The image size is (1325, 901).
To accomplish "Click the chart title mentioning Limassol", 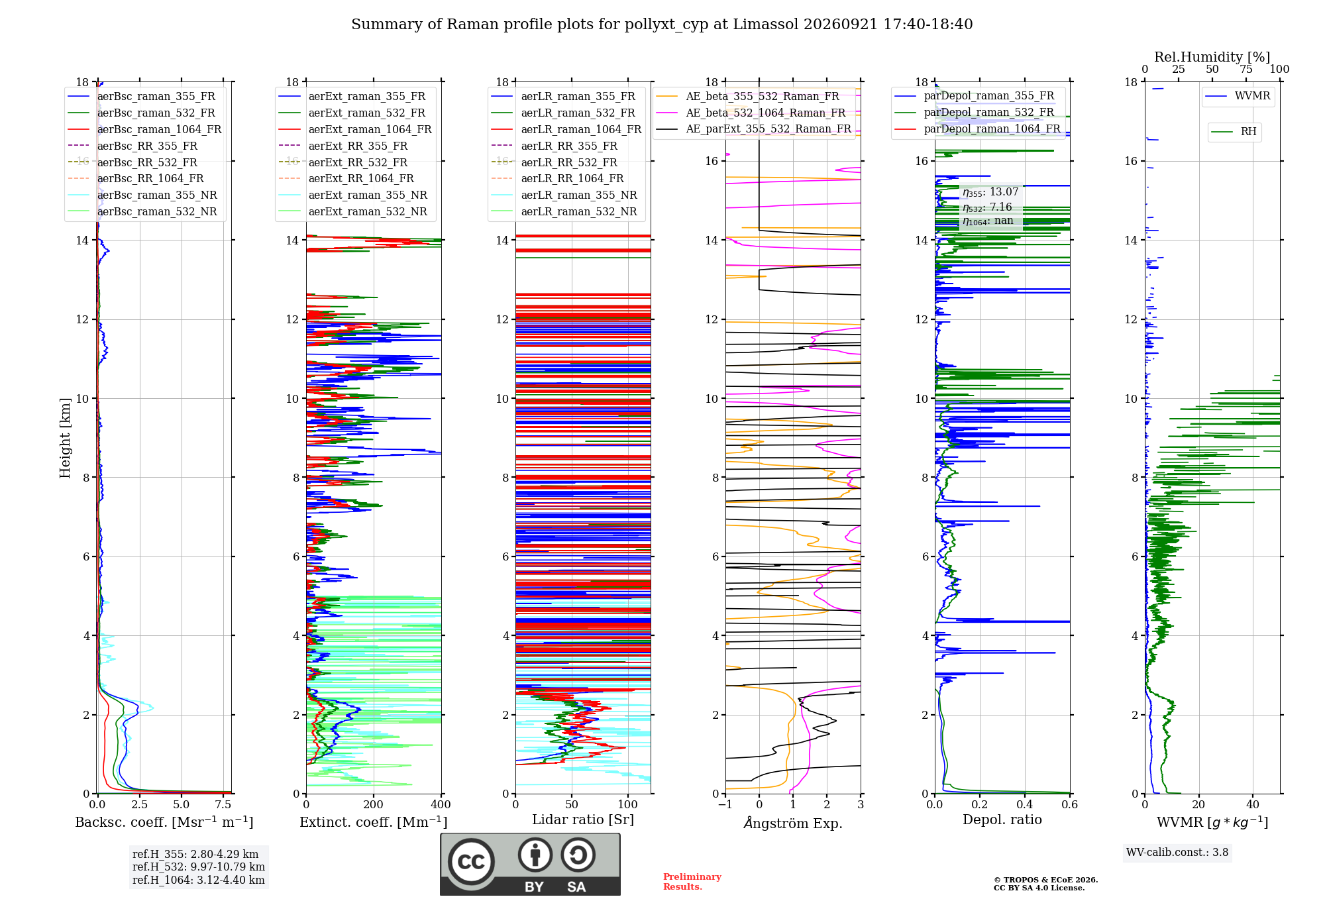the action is point(662,25).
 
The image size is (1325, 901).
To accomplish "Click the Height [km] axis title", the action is point(65,438).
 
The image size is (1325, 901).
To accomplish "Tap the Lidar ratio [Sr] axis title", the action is point(583,820).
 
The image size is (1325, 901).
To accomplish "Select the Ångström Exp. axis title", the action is point(793,823).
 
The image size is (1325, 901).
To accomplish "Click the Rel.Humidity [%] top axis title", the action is point(1212,57).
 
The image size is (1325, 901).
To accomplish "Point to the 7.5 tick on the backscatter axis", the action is point(223,805).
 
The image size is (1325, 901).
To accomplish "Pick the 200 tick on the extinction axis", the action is point(374,805).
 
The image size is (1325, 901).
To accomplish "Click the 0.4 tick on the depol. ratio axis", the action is point(1025,805).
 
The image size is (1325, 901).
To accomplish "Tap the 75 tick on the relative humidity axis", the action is point(1246,70).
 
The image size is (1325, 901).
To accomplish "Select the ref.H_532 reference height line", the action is point(199,867).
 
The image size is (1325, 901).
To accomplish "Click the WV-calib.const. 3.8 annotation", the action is point(1177,853).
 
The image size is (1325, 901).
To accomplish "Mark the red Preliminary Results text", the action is point(692,882).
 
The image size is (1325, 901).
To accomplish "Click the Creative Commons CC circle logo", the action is point(471,862).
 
